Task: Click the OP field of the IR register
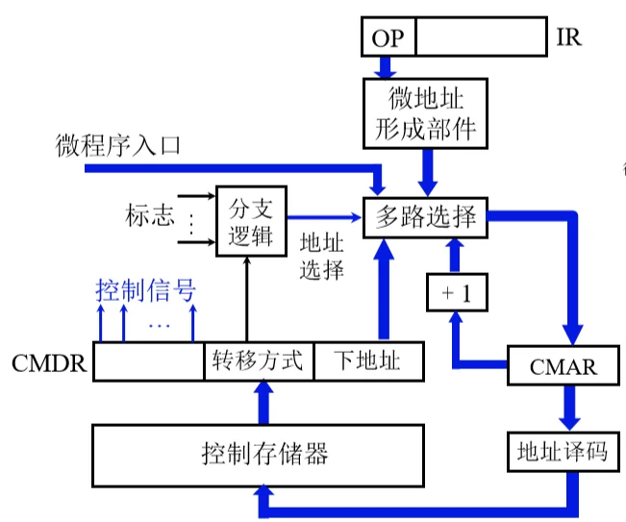click(x=388, y=38)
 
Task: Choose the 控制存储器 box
click(x=259, y=453)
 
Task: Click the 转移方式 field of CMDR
click(x=259, y=361)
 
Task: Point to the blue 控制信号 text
click(x=145, y=288)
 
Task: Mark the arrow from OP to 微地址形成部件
click(x=387, y=67)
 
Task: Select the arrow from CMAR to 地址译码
click(x=568, y=408)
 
